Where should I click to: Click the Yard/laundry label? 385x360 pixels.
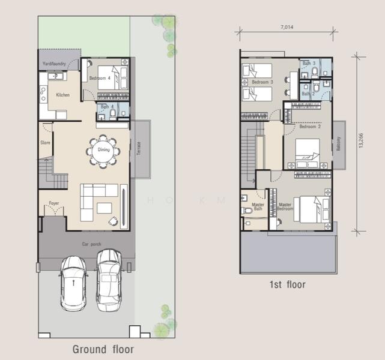click(53, 63)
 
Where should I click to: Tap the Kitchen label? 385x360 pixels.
click(62, 95)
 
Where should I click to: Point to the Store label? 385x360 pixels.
click(45, 143)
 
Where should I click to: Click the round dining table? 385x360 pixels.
click(103, 150)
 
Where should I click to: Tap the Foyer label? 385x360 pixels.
click(53, 203)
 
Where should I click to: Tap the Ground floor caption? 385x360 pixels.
click(103, 349)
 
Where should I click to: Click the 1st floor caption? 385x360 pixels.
click(287, 284)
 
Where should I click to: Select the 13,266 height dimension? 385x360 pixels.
click(360, 143)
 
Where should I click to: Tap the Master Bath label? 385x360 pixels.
click(258, 207)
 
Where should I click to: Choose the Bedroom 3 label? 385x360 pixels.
click(262, 82)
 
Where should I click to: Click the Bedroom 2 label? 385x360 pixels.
click(310, 127)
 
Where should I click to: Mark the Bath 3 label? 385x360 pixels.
click(309, 63)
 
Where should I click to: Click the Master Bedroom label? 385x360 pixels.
click(286, 207)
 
